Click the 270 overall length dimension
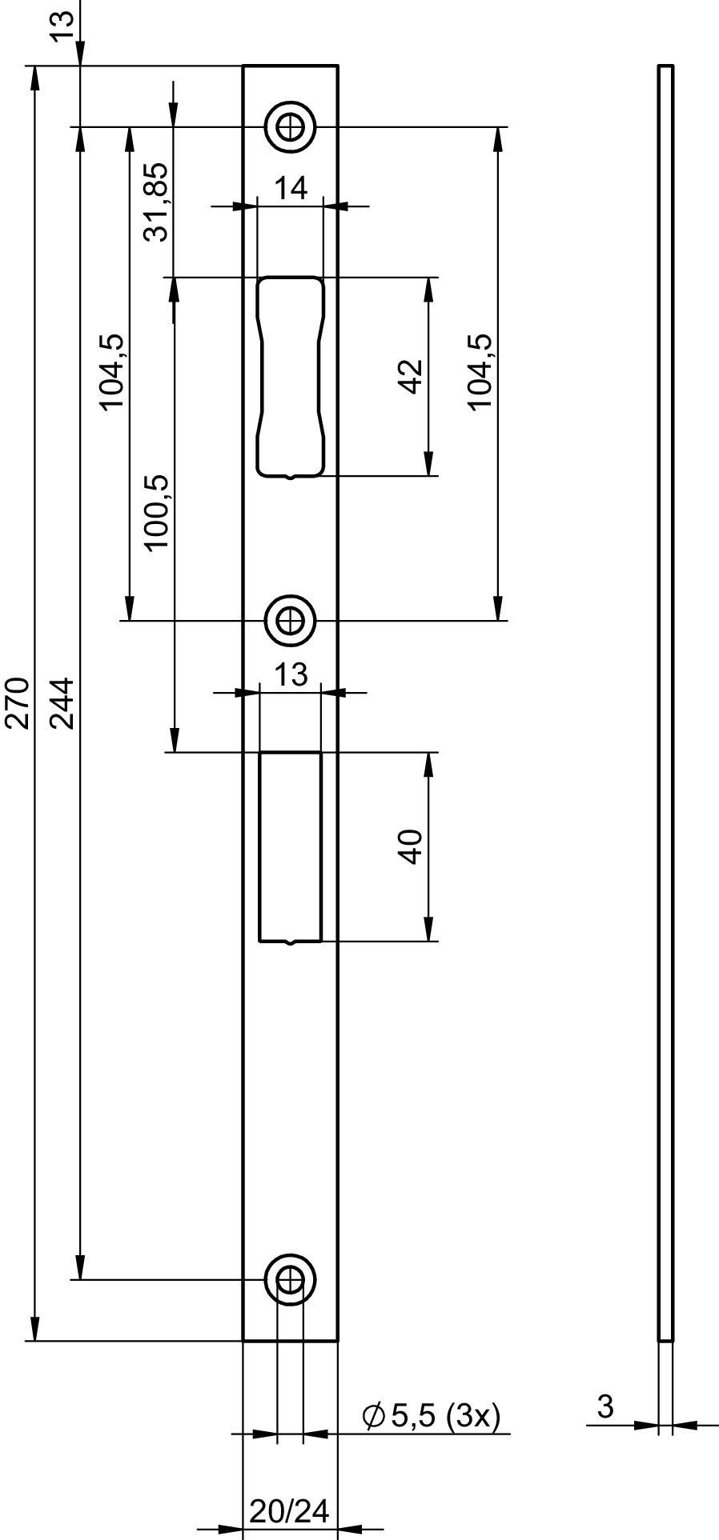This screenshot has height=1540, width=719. [x=18, y=703]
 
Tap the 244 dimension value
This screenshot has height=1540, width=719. [x=62, y=703]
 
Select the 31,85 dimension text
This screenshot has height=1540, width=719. [x=155, y=202]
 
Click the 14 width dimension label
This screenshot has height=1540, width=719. [x=291, y=189]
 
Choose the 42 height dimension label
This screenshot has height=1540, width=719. [x=411, y=376]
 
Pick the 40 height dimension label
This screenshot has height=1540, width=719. [x=411, y=847]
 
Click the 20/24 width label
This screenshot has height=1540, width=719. [x=290, y=1510]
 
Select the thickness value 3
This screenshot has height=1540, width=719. [x=605, y=1406]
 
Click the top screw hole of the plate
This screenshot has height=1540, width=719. [x=291, y=126]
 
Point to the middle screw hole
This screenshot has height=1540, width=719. [x=291, y=620]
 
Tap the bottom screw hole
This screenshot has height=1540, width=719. [x=291, y=1279]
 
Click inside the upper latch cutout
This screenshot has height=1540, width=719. [x=291, y=377]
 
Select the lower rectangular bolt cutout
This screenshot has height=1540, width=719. [x=291, y=847]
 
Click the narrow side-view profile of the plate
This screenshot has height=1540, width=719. [x=666, y=702]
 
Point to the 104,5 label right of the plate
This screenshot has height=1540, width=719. [x=481, y=372]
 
